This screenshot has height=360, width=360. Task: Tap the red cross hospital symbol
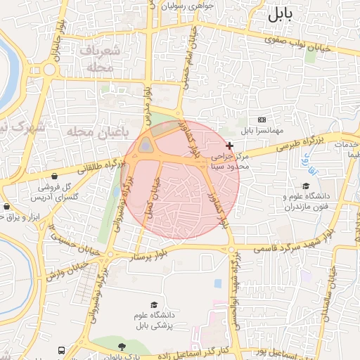[x=229, y=145]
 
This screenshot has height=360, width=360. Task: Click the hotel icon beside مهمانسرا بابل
[x=262, y=120]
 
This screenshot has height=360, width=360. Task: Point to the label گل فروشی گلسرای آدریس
[x=58, y=191]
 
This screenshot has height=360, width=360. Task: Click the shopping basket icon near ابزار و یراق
[x=6, y=207]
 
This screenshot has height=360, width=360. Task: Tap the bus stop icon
[x=62, y=349]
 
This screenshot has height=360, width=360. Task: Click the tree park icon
[x=122, y=347]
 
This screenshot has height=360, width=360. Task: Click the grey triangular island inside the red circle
[x=146, y=146]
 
